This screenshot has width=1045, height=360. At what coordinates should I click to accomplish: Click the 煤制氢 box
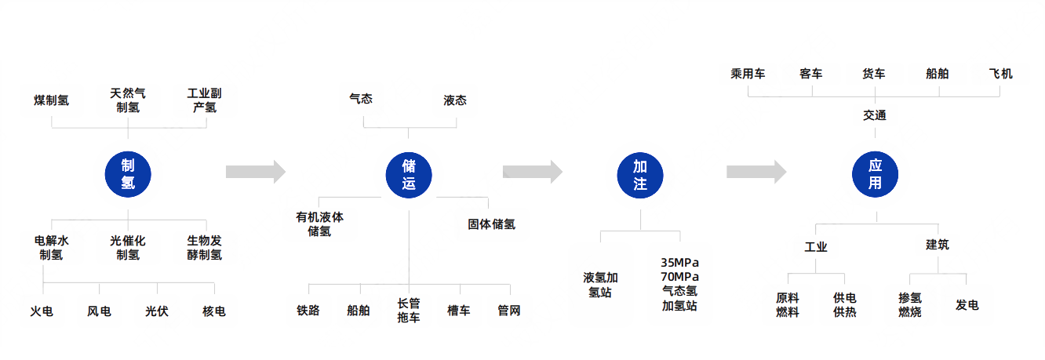coord(52,101)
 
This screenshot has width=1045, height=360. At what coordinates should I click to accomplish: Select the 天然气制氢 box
coord(128,100)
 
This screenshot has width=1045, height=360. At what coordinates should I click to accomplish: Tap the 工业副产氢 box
coord(205,100)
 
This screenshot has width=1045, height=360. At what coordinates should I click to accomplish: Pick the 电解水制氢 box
coord(52,248)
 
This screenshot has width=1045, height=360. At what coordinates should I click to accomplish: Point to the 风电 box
coord(99,311)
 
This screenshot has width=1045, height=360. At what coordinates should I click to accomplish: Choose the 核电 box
coord(213,311)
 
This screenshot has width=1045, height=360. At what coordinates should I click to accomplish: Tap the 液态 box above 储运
coord(455,100)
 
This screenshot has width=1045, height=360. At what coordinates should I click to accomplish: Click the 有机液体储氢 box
coord(320,224)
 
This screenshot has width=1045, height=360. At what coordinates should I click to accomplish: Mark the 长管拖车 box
coord(409,310)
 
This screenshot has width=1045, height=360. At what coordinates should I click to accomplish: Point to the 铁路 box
coord(308,310)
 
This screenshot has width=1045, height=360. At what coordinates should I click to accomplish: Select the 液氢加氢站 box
coord(601,284)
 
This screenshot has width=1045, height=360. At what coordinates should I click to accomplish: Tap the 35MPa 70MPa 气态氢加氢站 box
coord(680,284)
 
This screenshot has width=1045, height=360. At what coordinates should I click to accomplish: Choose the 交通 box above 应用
coord(875,115)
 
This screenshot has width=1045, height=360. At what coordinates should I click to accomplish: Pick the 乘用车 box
coord(748,75)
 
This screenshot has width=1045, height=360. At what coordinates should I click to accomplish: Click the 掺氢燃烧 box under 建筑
coord(910,305)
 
